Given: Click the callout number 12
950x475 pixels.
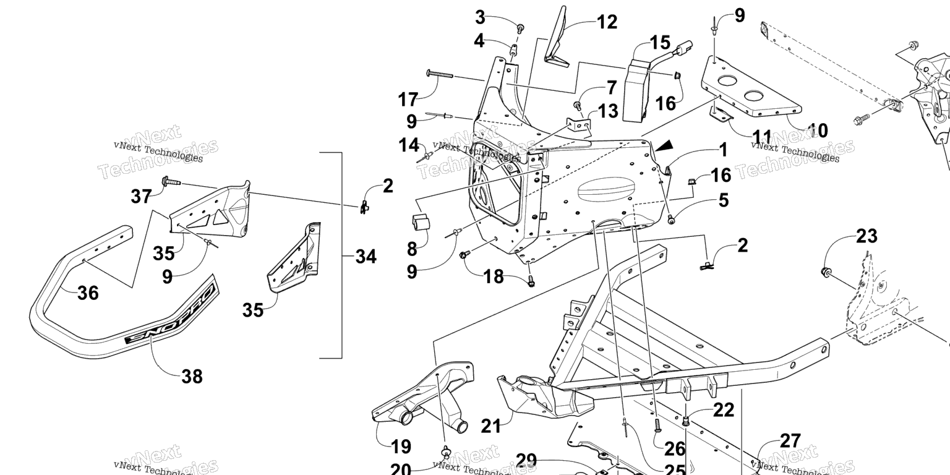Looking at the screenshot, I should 607,22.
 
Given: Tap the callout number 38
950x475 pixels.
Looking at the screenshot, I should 192,375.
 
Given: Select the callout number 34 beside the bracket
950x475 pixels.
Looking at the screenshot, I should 366,256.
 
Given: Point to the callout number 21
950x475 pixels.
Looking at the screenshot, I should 491,426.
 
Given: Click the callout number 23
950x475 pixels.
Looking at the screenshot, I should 867,236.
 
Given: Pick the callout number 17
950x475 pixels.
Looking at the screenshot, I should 408,98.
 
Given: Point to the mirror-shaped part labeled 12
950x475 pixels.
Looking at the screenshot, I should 557,37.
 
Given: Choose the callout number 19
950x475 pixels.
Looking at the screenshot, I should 401,446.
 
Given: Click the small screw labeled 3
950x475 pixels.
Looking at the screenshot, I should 520,28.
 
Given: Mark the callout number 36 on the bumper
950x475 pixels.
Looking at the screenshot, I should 88,293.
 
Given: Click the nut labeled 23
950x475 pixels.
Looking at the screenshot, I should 825,270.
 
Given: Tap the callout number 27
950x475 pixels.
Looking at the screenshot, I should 790,441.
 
